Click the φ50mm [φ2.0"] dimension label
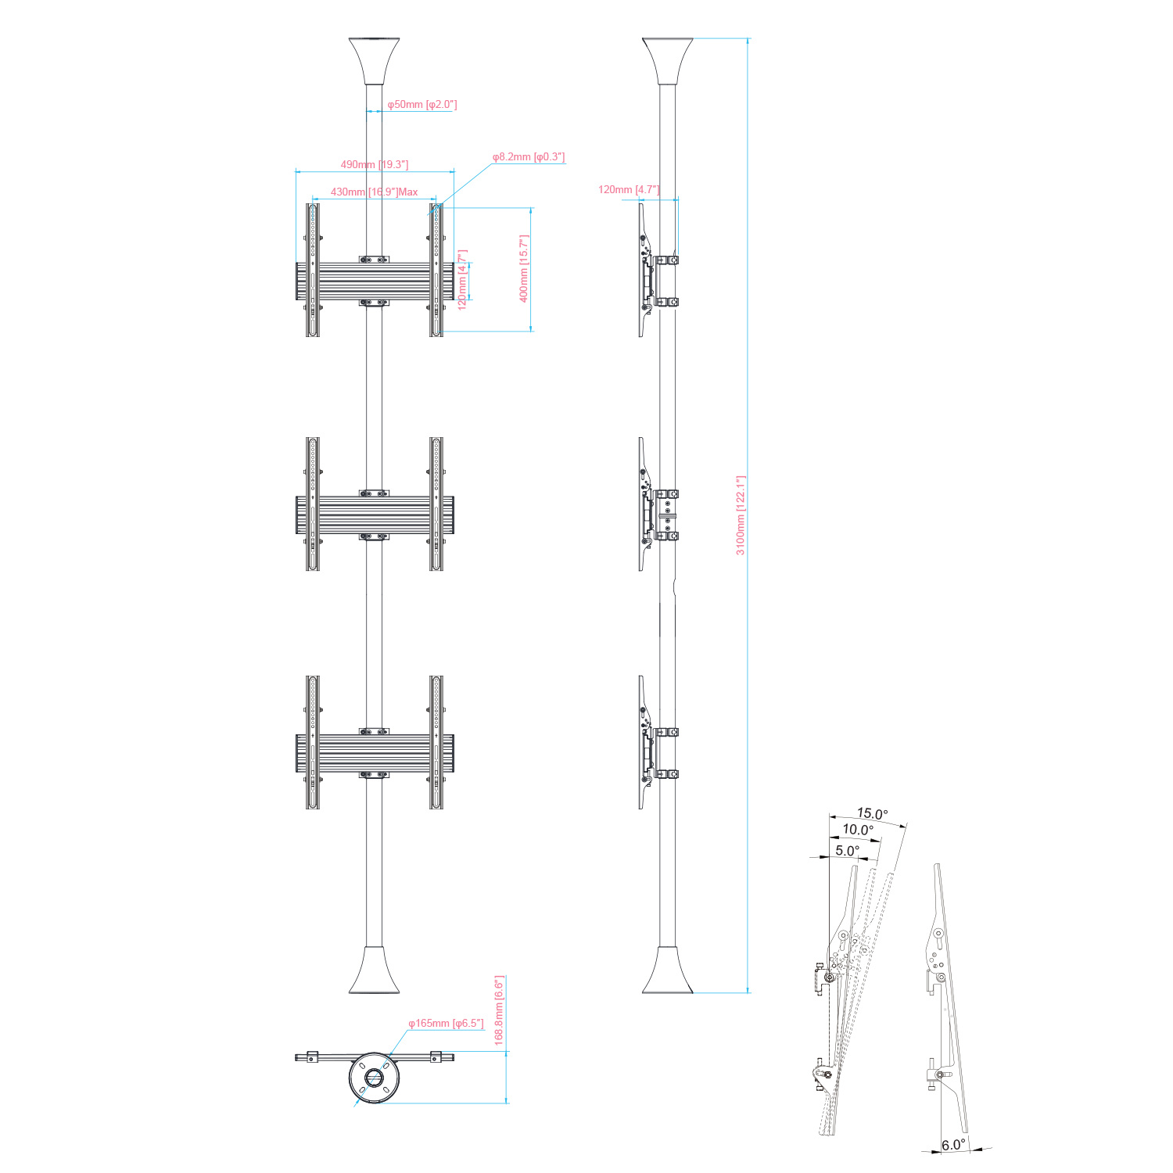(x=422, y=104)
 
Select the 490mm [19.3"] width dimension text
(x=375, y=164)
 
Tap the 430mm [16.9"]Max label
(x=374, y=192)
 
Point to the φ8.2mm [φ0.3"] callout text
(x=529, y=157)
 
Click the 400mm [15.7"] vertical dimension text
(x=524, y=269)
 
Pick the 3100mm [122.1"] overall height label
(x=741, y=515)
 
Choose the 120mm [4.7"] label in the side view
(x=629, y=189)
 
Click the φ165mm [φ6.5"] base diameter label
(x=446, y=1023)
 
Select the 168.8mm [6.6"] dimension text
(x=499, y=1010)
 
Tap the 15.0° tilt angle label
(x=872, y=813)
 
